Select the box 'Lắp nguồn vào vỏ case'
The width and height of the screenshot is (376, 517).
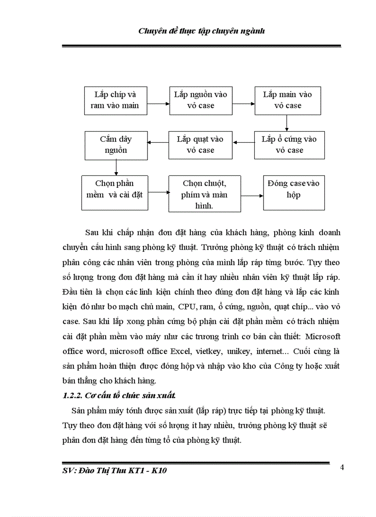click(200, 100)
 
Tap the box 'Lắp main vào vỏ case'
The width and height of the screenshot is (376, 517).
click(288, 100)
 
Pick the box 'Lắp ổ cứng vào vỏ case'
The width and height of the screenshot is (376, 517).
click(289, 145)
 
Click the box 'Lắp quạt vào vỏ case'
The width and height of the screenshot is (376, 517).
click(200, 145)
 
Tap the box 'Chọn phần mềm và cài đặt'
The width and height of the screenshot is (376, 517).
click(114, 189)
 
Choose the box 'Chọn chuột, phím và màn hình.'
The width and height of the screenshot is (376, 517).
click(204, 194)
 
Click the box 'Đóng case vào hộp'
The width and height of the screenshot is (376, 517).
click(293, 189)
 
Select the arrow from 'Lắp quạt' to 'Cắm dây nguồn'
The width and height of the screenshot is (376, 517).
click(156, 143)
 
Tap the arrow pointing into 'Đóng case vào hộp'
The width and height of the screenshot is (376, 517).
click(252, 195)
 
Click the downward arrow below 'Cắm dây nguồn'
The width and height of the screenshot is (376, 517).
click(116, 167)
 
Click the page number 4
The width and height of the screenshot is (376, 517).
click(342, 467)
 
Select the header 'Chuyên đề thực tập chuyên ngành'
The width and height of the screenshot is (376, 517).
click(201, 32)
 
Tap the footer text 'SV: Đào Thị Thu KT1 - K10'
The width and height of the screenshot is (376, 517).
click(111, 471)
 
